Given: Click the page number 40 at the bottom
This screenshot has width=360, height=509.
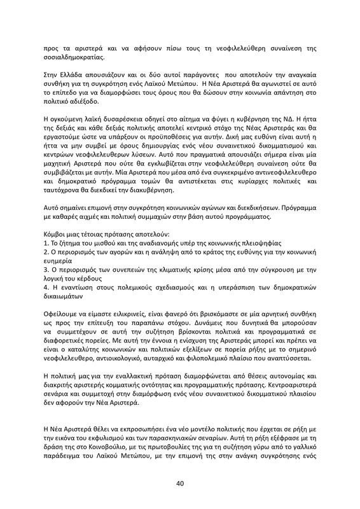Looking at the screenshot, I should (x=180, y=484).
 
